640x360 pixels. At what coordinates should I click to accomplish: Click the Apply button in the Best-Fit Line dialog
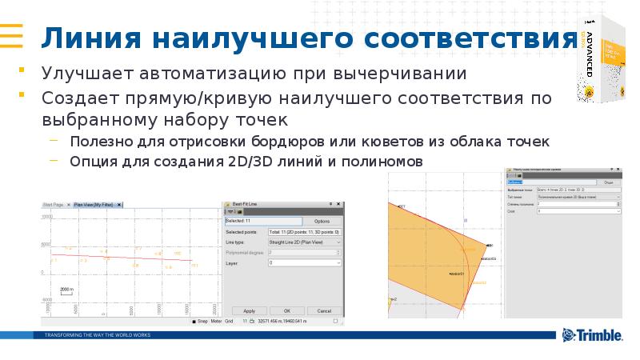pos(249,310)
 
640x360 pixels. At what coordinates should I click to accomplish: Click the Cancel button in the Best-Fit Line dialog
pos(323,310)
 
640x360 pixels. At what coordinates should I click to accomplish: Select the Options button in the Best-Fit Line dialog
pos(322,221)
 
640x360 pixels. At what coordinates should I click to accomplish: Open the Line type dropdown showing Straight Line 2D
pos(305,242)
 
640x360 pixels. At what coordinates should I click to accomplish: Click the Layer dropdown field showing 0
pos(305,262)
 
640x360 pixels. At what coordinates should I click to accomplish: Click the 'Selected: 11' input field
pos(262,221)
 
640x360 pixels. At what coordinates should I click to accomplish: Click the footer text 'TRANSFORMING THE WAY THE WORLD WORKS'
pos(98,334)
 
